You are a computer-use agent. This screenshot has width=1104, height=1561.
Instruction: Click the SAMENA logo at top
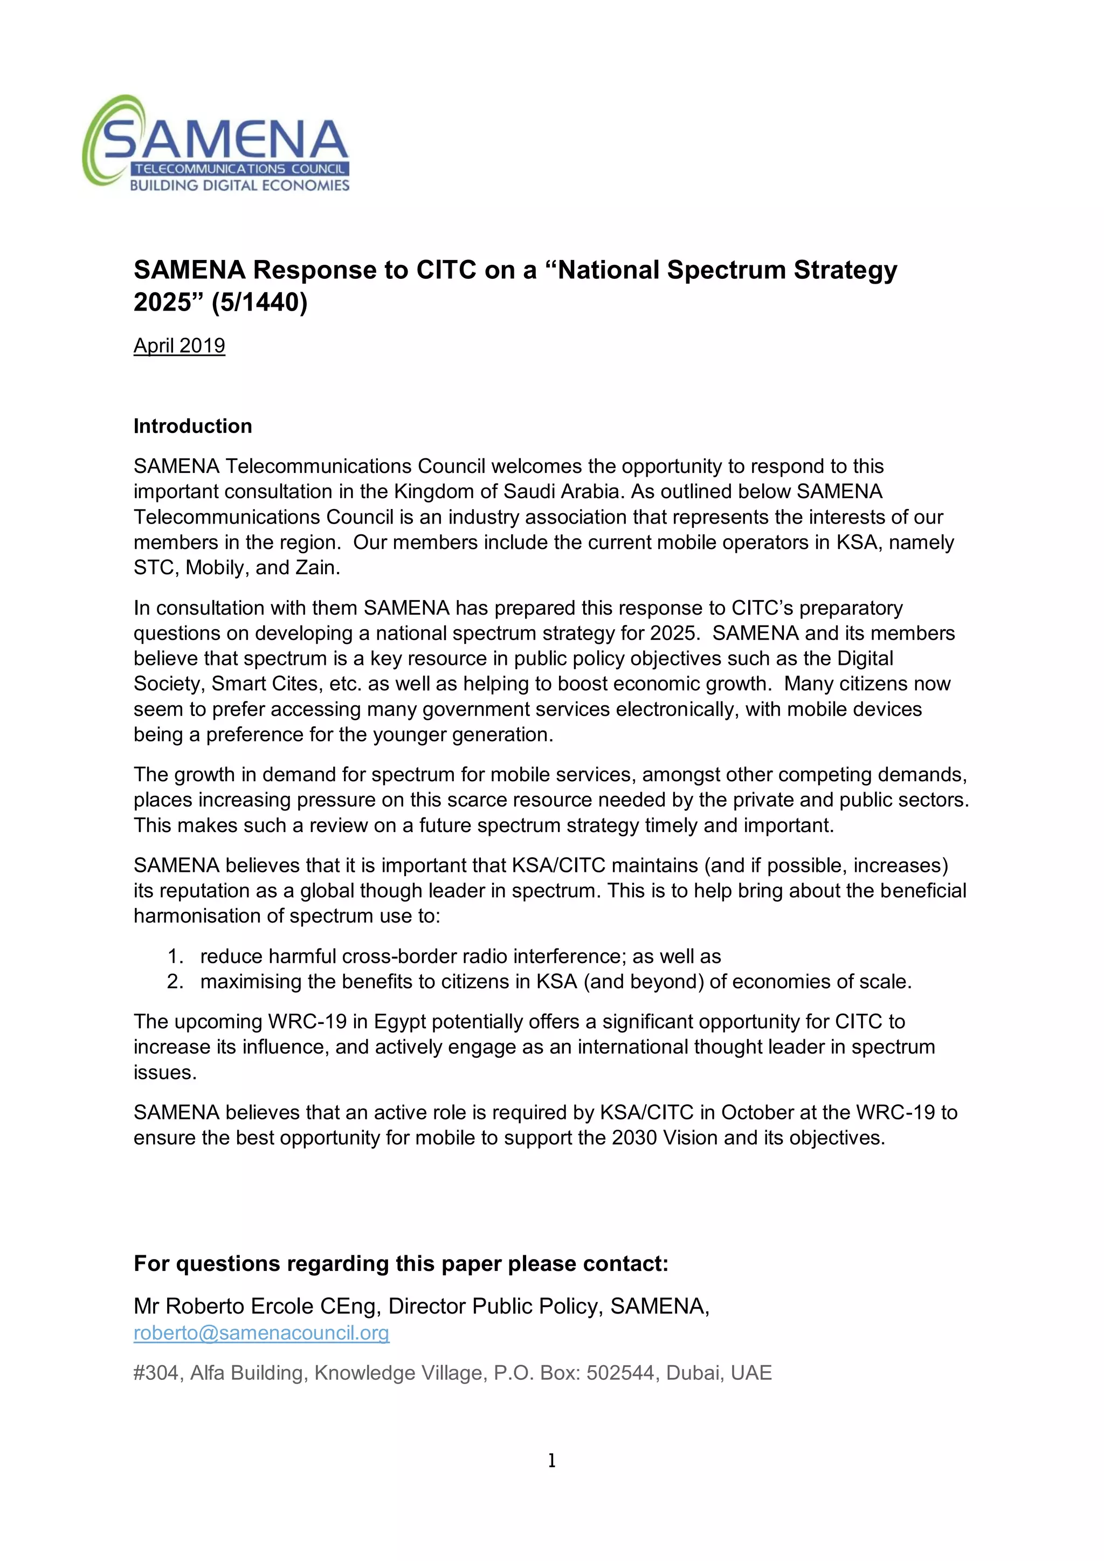(216, 143)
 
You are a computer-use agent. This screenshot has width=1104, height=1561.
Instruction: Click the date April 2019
(179, 346)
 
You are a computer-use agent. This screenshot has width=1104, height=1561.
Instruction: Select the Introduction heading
(192, 427)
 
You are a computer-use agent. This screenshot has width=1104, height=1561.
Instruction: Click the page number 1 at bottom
(551, 1460)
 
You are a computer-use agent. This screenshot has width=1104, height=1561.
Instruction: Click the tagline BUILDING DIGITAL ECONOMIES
(239, 185)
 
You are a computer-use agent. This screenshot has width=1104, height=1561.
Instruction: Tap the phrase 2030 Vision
(664, 1138)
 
